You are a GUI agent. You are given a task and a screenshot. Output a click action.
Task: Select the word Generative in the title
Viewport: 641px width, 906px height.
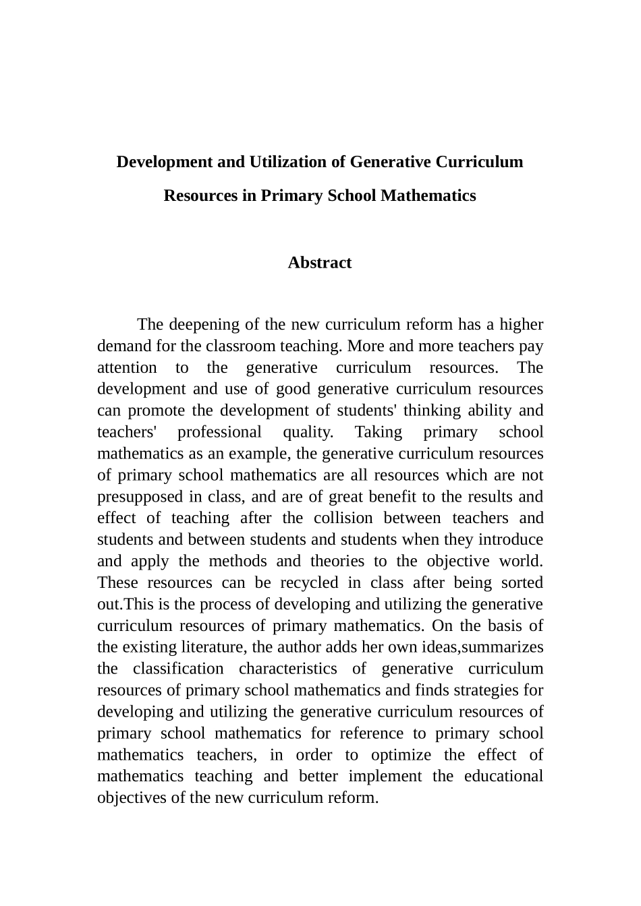[x=391, y=162]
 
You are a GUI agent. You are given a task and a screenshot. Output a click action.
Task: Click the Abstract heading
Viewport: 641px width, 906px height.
[x=320, y=263]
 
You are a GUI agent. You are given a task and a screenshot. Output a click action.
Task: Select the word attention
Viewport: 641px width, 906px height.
[x=127, y=368]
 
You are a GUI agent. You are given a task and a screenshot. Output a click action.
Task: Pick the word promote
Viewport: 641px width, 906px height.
[x=159, y=411]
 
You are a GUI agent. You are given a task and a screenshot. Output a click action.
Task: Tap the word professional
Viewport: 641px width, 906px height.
[x=219, y=433]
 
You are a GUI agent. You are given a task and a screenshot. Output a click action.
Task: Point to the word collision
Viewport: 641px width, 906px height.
[x=343, y=518]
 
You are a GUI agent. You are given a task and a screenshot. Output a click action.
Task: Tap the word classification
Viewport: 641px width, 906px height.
[x=178, y=669]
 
